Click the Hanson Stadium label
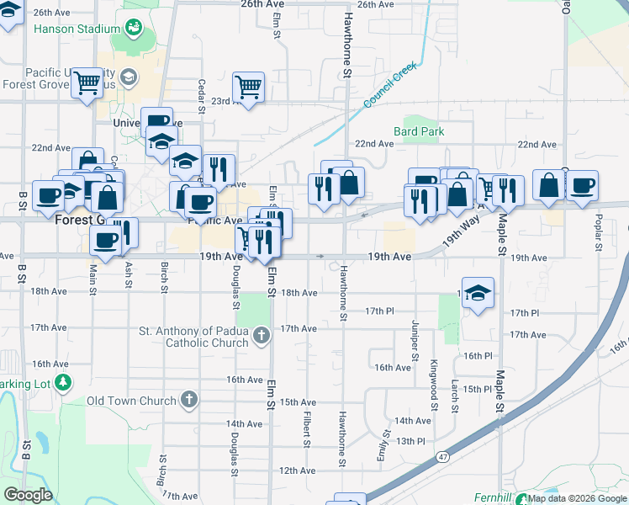point(77,29)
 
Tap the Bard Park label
point(419,131)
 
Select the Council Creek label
point(392,88)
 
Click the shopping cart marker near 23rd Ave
point(249,88)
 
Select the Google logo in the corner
point(28,495)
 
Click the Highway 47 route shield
point(442,455)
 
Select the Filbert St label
point(307,428)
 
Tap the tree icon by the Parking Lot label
point(63,384)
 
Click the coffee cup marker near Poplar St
point(581,187)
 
